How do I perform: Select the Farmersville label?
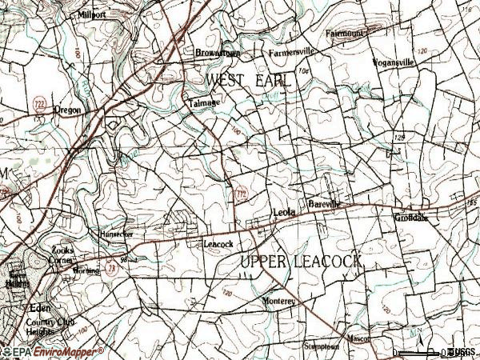[x=292, y=52]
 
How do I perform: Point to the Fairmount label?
[x=345, y=34]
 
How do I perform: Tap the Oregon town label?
[x=67, y=110]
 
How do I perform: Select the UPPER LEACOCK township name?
[x=301, y=262]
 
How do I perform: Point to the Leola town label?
[x=284, y=212]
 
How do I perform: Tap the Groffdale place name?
[x=411, y=217]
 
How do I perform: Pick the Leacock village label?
[x=218, y=243]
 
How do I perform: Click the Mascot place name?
[x=359, y=339]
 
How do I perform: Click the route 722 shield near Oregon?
[x=38, y=103]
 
